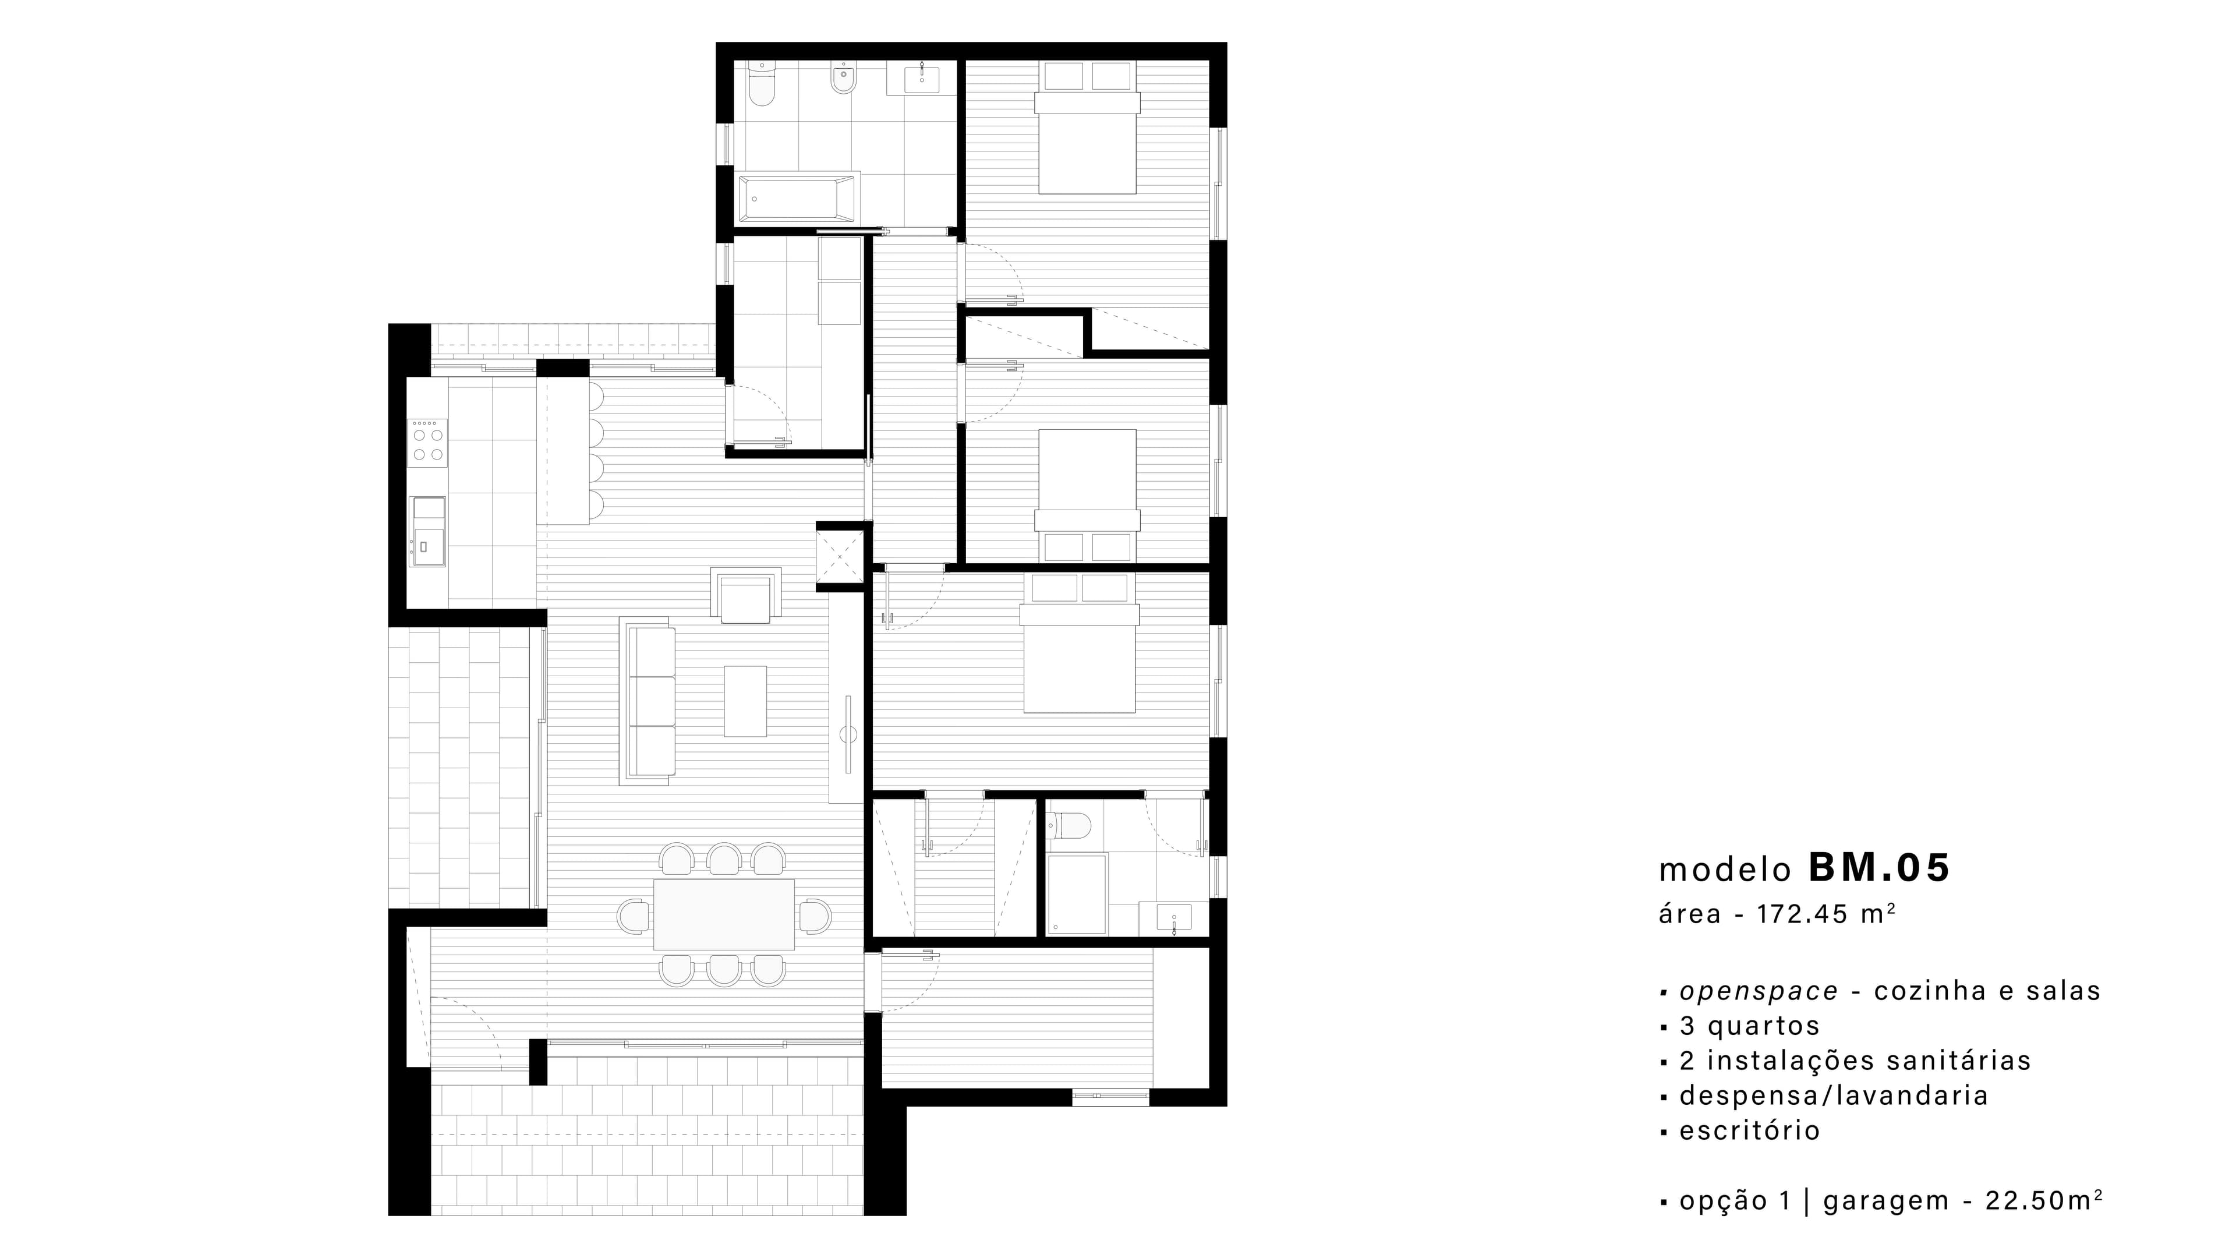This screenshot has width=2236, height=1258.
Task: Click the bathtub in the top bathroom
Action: [x=797, y=198]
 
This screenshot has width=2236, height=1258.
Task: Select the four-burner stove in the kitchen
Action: [x=428, y=443]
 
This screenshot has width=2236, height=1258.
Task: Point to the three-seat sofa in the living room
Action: [x=647, y=701]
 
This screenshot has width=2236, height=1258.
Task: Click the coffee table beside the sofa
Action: [x=745, y=701]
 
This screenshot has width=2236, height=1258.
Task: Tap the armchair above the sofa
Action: [x=745, y=596]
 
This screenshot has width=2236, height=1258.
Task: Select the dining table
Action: [x=724, y=915]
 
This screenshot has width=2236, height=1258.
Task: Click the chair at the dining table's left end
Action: [x=634, y=916]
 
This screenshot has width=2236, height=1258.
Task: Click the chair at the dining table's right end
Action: [x=815, y=916]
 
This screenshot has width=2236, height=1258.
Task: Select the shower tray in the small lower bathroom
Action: [x=1077, y=893]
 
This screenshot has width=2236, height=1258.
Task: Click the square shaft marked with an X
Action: [x=840, y=557]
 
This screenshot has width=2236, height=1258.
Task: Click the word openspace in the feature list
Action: [x=1759, y=991]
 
